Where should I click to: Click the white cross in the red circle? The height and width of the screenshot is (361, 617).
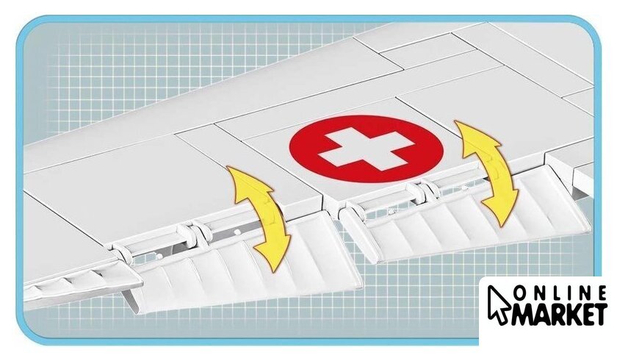pyautogui.click(x=366, y=149)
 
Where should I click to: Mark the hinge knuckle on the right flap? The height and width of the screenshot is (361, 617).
pyautogui.click(x=420, y=190)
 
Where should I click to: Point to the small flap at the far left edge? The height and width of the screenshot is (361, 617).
pyautogui.click(x=79, y=280)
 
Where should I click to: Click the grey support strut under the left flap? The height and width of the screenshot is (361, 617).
pyautogui.click(x=131, y=301)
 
